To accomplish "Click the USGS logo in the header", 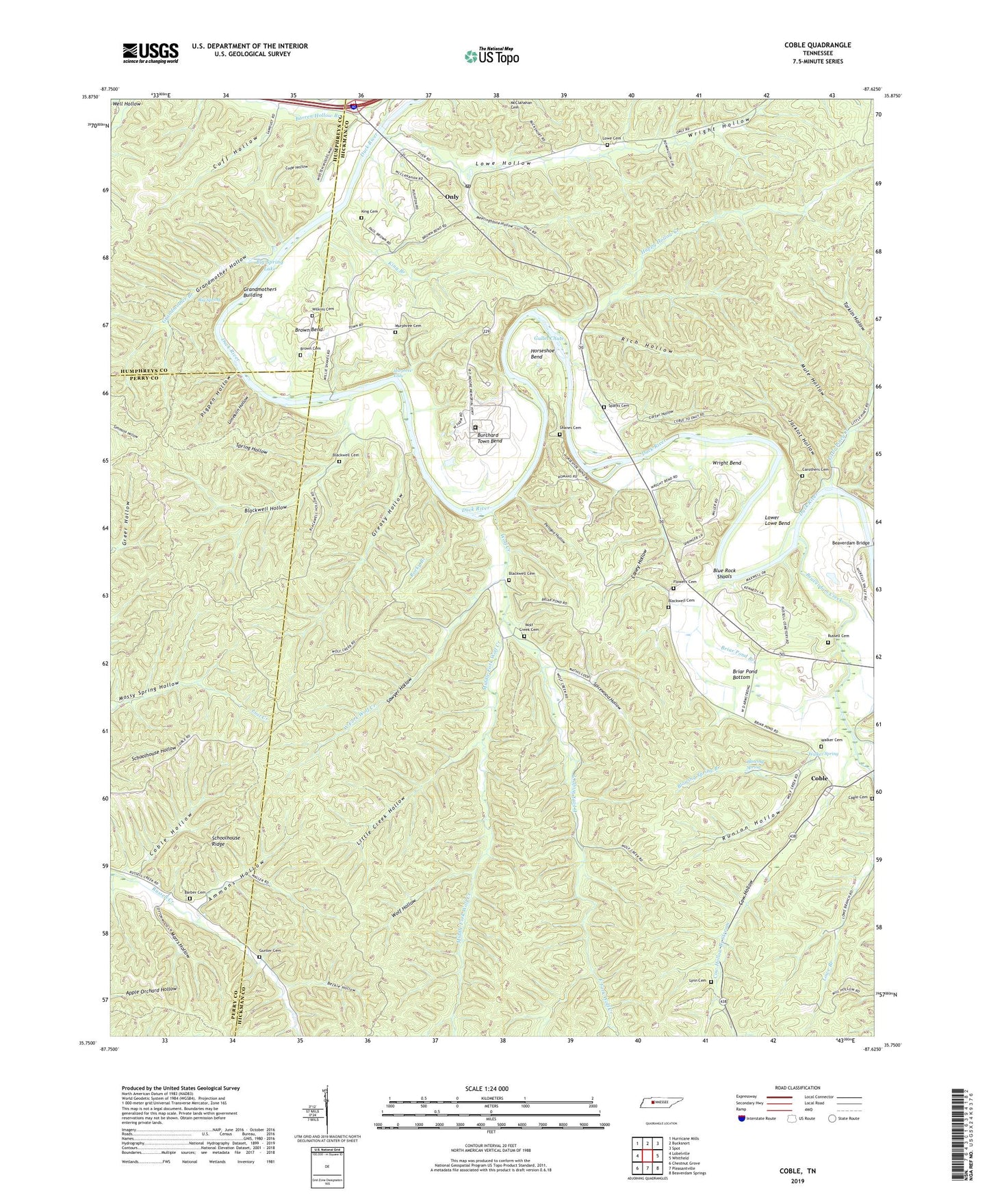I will [x=150, y=53].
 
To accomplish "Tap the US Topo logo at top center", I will [x=491, y=56].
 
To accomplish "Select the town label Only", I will [x=452, y=197].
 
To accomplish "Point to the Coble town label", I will [x=819, y=778].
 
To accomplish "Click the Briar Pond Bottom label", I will [x=745, y=675].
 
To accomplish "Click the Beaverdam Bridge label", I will [x=850, y=543].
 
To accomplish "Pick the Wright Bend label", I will [x=726, y=463].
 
